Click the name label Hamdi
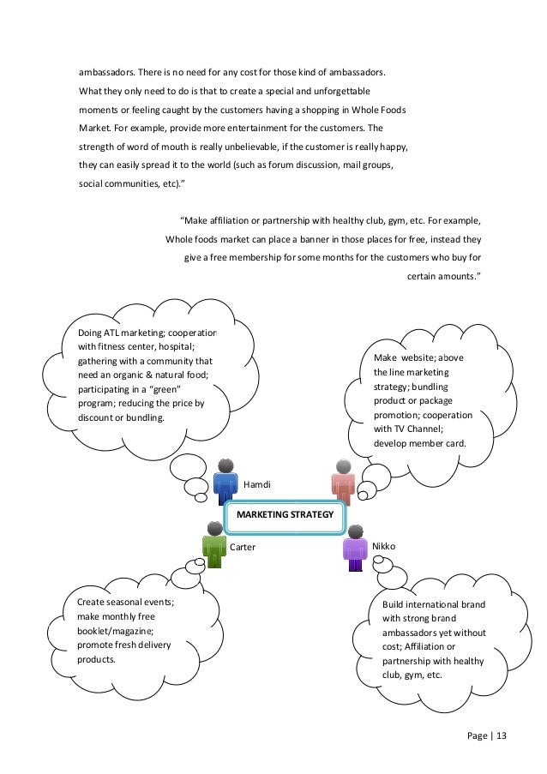(x=257, y=485)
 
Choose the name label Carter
(x=243, y=546)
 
